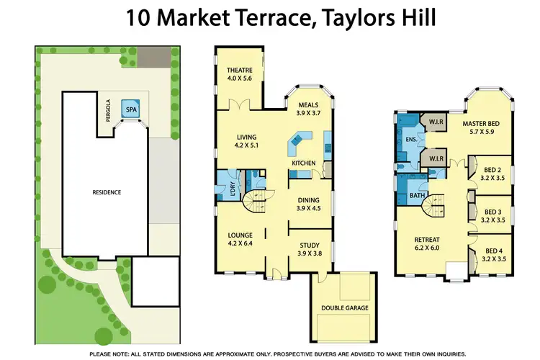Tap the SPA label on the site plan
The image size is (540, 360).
[130, 110]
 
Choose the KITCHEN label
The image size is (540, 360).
[303, 163]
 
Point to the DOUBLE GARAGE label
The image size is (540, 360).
[344, 308]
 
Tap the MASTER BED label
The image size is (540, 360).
[481, 124]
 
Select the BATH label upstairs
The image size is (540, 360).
[418, 195]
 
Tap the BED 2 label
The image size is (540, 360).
[492, 171]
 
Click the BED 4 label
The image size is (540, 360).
[492, 251]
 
